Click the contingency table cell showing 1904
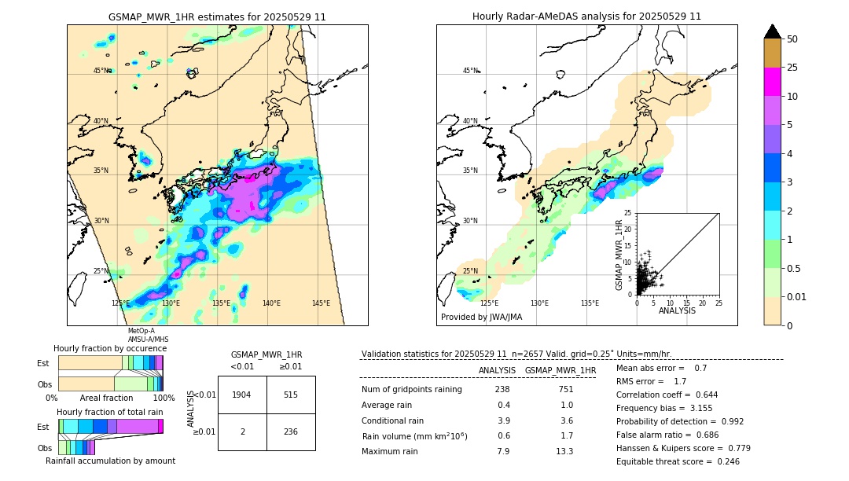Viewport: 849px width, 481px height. (242, 395)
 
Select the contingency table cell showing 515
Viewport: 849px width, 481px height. (291, 395)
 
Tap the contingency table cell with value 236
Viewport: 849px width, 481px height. (291, 431)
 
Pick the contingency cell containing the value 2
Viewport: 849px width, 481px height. (242, 431)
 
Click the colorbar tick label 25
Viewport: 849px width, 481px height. (793, 68)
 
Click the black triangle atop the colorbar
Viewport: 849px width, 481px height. (773, 31)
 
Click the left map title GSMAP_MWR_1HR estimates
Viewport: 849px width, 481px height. (217, 17)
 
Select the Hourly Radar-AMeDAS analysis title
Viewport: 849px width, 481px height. (586, 17)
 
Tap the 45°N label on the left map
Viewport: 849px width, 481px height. (102, 71)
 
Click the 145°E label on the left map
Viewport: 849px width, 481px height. (321, 303)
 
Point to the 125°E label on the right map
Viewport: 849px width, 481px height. (489, 303)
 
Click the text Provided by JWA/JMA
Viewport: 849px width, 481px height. (481, 317)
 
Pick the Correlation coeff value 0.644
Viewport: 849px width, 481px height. (701, 395)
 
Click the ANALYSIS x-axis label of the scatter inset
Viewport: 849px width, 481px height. (677, 310)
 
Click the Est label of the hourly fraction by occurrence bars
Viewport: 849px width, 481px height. (44, 363)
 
